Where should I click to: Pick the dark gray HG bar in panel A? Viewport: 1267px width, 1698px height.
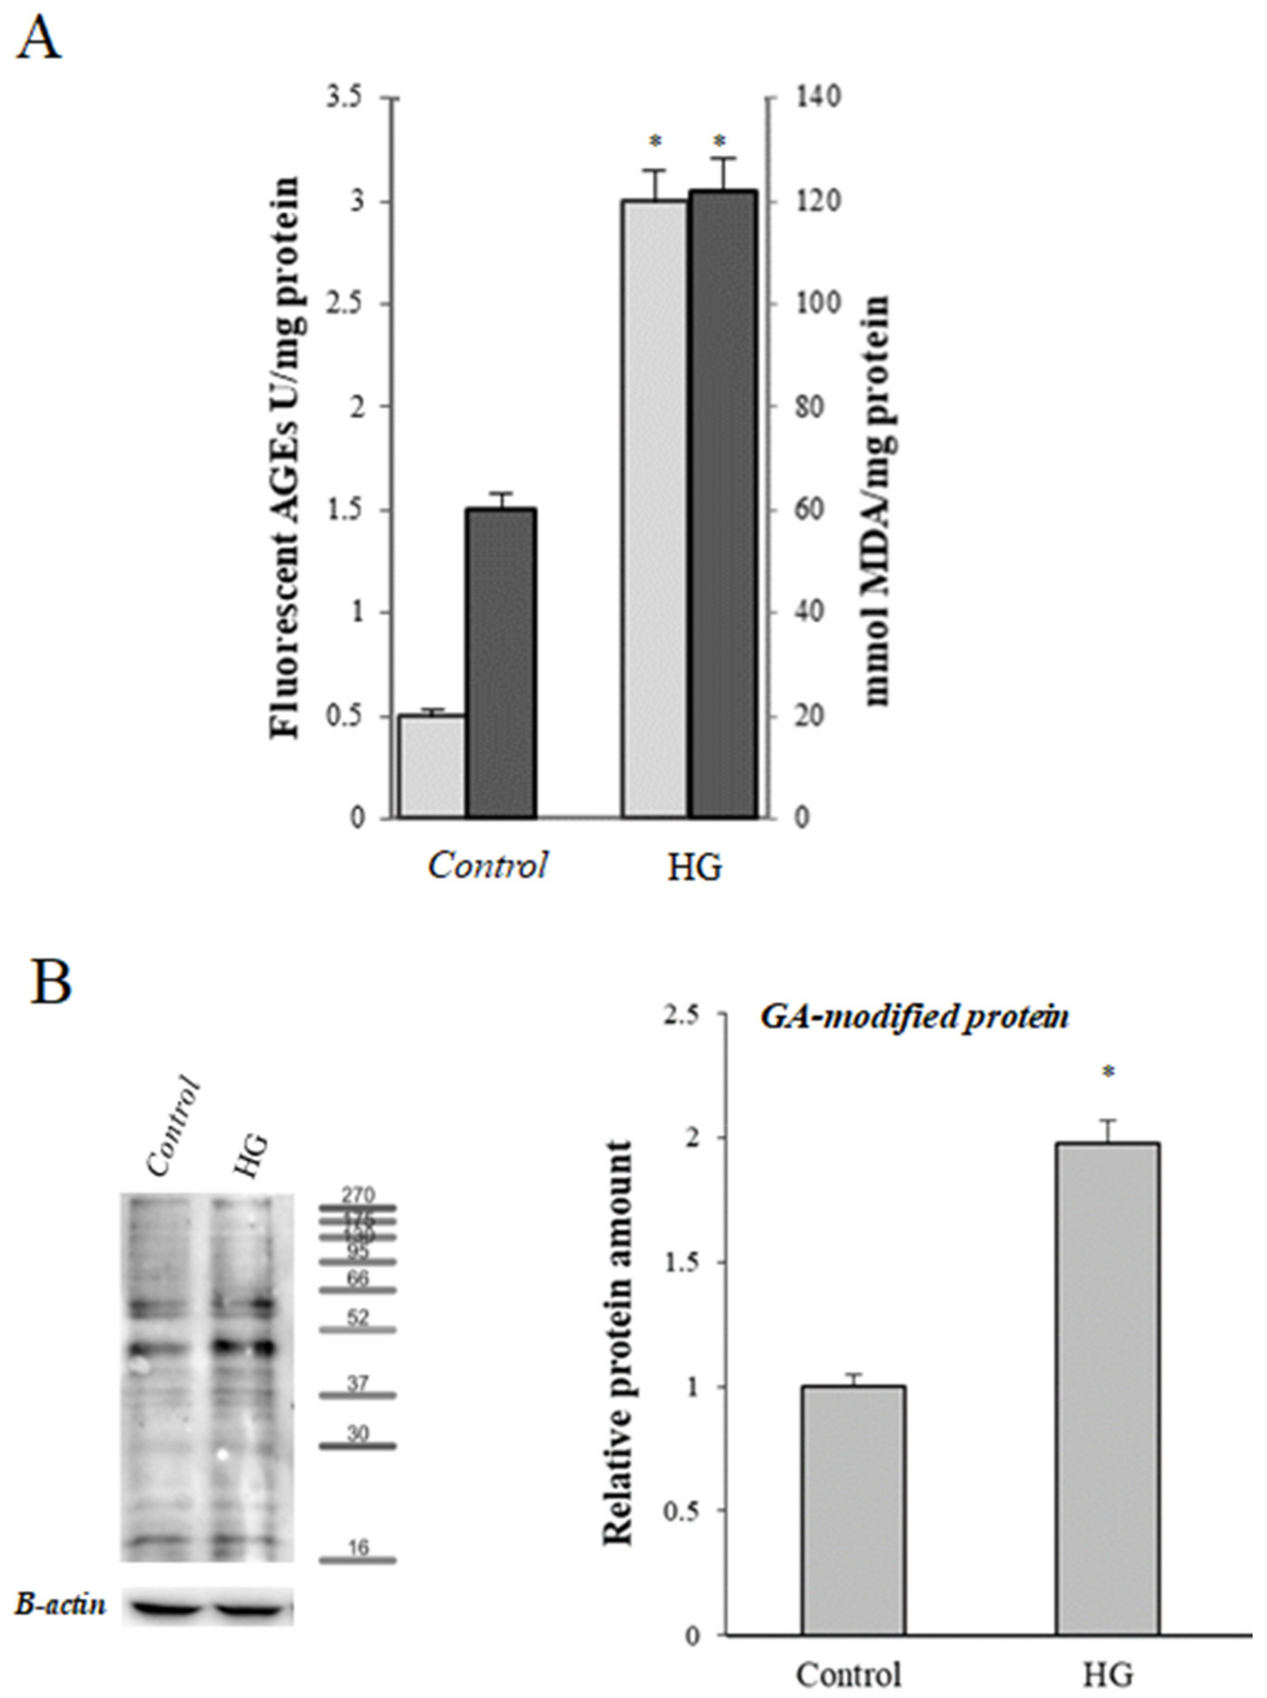tap(722, 504)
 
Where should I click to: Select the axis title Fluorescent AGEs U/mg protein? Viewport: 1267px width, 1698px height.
tap(284, 458)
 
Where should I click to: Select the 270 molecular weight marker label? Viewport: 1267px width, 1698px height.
tap(358, 1195)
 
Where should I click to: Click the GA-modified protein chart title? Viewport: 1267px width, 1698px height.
tap(914, 1017)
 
